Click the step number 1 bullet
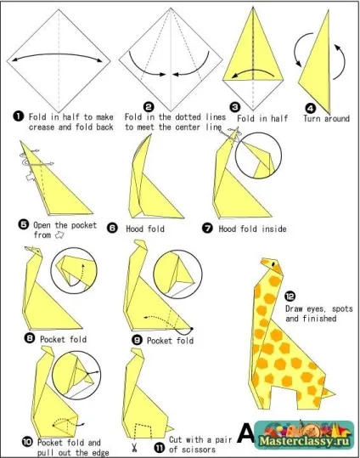[x=19, y=116]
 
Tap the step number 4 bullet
[x=310, y=109]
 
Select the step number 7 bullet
[x=207, y=228]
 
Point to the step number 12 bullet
[x=290, y=297]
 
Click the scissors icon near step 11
[x=135, y=447]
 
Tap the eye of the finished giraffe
[x=273, y=263]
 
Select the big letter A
[x=245, y=433]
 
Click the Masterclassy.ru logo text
[x=304, y=440]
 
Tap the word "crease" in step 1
[x=42, y=127]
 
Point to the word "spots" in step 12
[x=342, y=309]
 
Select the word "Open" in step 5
[x=42, y=225]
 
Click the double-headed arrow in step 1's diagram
[x=57, y=55]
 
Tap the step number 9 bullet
[x=137, y=340]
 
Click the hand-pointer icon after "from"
[x=59, y=235]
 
